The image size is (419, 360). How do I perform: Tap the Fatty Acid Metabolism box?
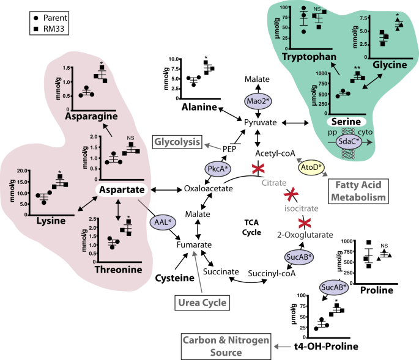pyautogui.click(x=358, y=190)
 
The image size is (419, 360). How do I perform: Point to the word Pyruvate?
pyautogui.click(x=261, y=123)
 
